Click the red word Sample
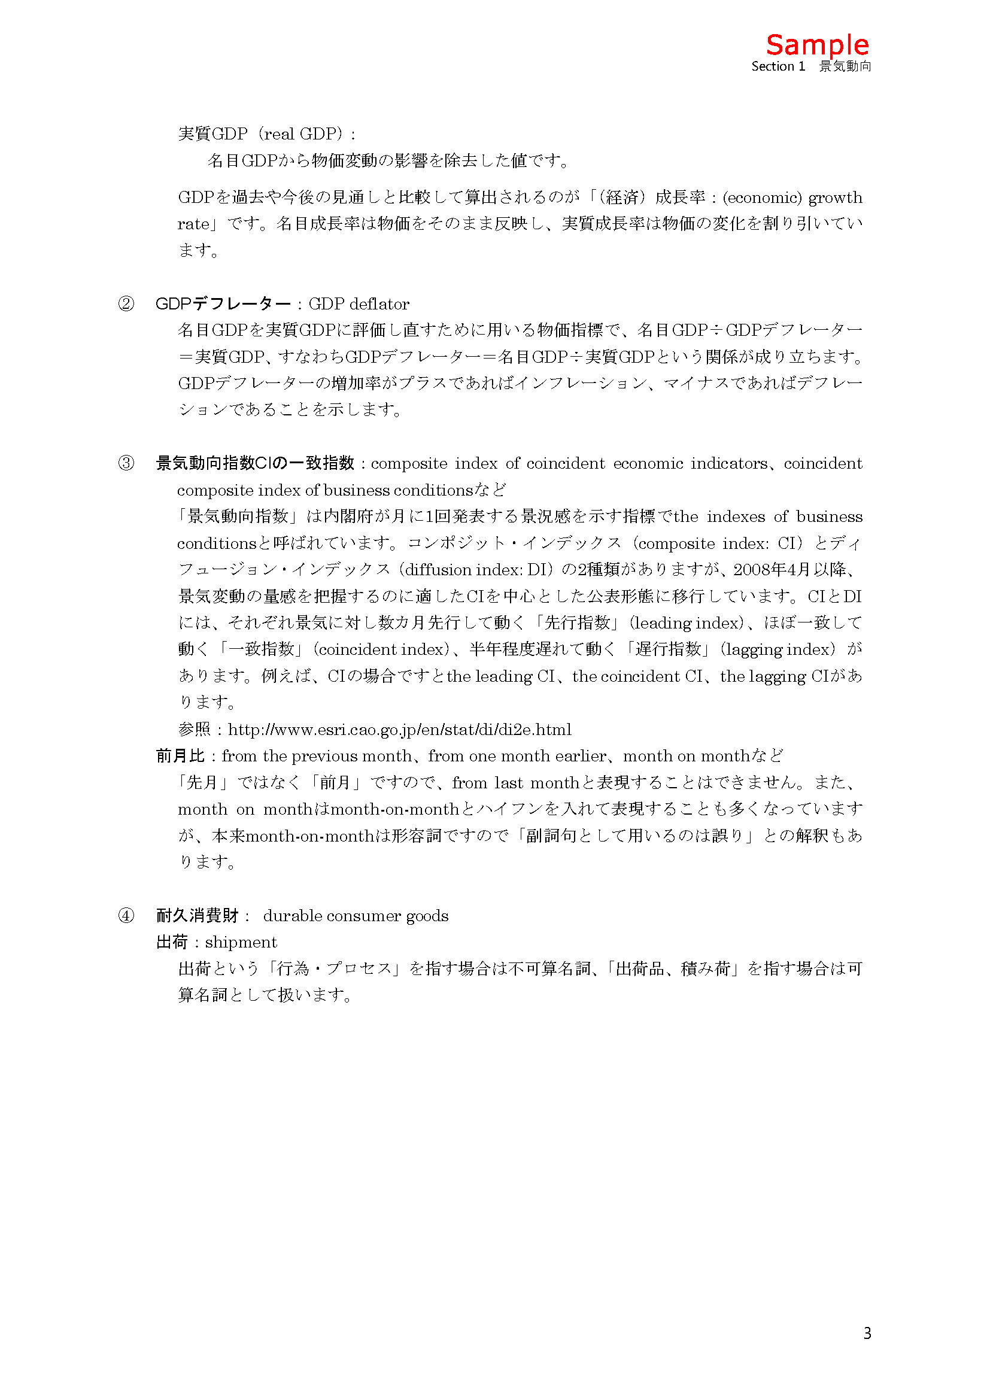point(817,45)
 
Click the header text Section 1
point(778,66)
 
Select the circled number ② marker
point(126,303)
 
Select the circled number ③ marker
point(126,463)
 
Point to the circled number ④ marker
point(126,916)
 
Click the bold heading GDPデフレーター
point(223,303)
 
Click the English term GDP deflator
point(359,304)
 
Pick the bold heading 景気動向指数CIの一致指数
point(255,463)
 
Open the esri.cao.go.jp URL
point(399,730)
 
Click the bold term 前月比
point(180,756)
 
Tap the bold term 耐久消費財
point(197,916)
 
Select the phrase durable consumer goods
point(356,916)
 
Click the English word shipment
point(241,943)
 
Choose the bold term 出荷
point(172,943)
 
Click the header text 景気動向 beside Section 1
point(845,66)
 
